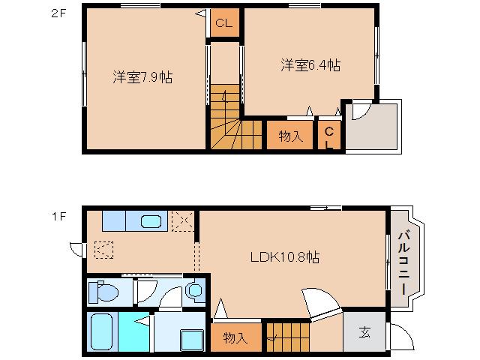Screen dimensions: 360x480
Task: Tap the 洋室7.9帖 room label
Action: [142, 76]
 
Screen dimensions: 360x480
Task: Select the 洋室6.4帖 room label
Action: [310, 65]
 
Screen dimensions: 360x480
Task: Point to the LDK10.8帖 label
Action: [285, 257]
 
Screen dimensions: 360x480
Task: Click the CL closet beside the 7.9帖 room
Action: [223, 23]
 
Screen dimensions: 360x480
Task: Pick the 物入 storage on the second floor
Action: [290, 136]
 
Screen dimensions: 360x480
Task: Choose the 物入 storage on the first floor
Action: [236, 337]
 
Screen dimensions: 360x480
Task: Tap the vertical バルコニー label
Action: [402, 261]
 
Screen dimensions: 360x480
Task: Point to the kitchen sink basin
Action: [151, 222]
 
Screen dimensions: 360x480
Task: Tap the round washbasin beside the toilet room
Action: [195, 289]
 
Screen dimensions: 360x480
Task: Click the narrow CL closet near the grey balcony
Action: [329, 135]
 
